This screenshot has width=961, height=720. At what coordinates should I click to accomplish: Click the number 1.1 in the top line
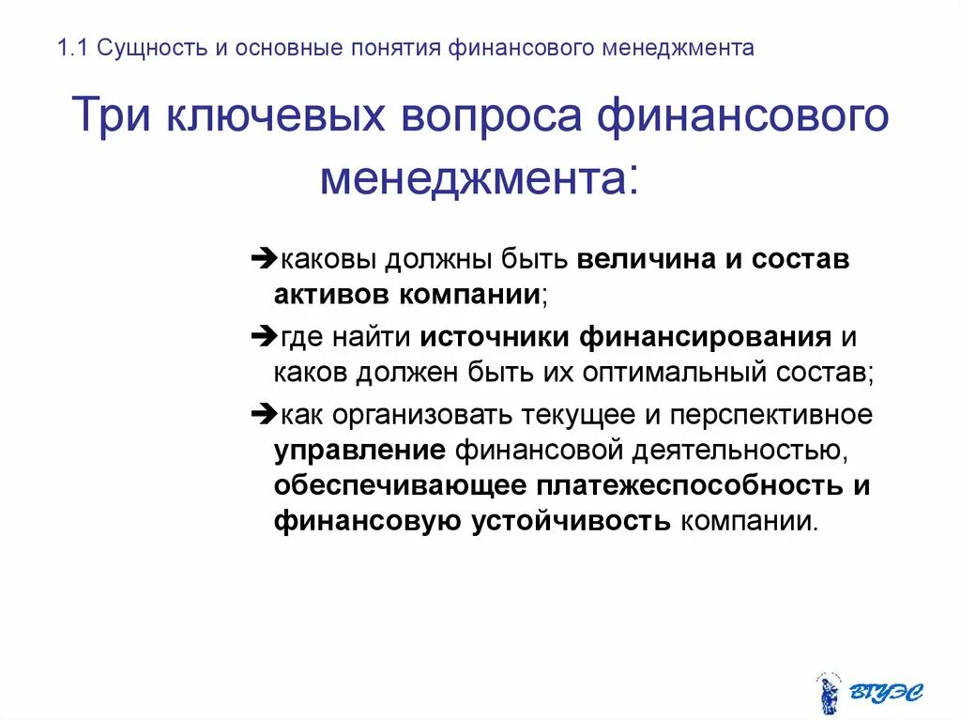72,48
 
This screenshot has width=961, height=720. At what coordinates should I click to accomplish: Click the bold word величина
647,259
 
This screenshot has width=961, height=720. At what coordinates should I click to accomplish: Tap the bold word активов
331,294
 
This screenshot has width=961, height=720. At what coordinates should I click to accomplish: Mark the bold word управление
359,450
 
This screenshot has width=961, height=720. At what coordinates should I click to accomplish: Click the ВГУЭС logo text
886,693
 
